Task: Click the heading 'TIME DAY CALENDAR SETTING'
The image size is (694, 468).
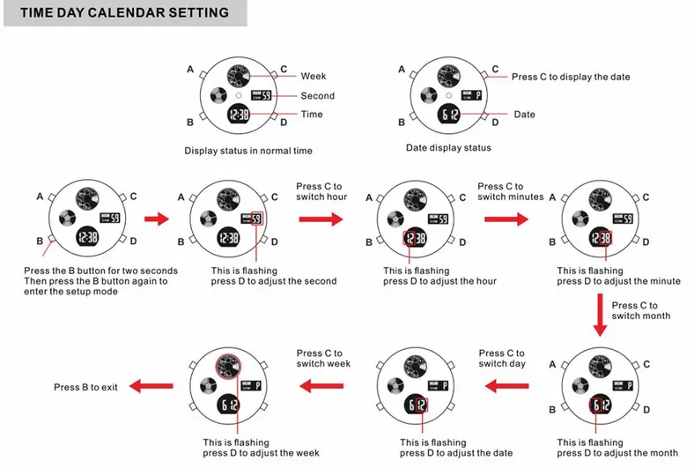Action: [x=124, y=12]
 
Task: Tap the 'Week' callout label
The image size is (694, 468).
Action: [x=314, y=77]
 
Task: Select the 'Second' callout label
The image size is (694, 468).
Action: [x=317, y=96]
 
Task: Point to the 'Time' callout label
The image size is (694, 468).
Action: [x=312, y=115]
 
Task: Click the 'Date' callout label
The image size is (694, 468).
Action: [x=524, y=115]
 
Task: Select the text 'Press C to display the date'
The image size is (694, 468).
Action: [x=571, y=77]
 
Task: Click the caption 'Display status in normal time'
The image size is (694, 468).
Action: [x=248, y=151]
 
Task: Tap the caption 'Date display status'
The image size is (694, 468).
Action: [x=448, y=148]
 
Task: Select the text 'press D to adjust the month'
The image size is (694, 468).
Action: [x=617, y=453]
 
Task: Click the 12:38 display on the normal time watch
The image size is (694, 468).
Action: [x=238, y=115]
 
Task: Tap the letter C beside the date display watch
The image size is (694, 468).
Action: [x=495, y=69]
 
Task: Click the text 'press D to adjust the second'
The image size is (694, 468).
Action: [x=274, y=281]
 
